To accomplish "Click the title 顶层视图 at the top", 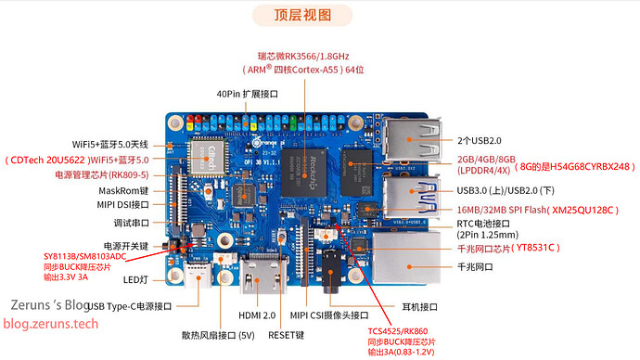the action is tap(302, 15).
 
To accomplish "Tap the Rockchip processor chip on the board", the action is tap(304, 173).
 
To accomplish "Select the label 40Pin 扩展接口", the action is tap(248, 94).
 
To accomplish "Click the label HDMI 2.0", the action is tap(257, 315).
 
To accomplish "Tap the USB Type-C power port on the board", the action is tap(198, 275).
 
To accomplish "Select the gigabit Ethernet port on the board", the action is tap(406, 258).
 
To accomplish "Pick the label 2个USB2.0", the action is tap(480, 141).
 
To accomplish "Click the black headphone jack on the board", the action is tap(330, 271).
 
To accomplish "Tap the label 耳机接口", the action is tap(419, 306).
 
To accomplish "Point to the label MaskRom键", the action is tap(123, 190).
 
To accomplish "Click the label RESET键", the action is tap(286, 335).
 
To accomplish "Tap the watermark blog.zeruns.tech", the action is tap(51, 324).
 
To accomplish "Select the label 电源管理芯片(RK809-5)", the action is tap(102, 175).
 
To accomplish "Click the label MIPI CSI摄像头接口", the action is tap(329, 315).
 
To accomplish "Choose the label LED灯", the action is tap(135, 280).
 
